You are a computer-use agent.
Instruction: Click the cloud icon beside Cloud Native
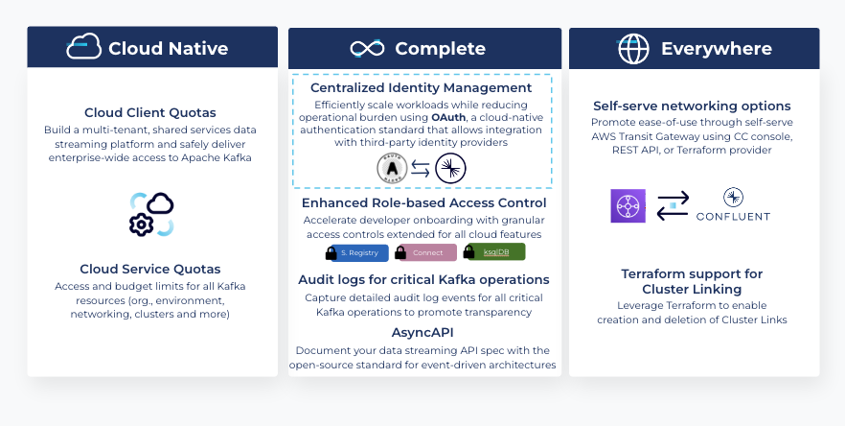83,47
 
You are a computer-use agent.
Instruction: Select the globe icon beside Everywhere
633,48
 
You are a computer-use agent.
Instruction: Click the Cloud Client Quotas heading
149,112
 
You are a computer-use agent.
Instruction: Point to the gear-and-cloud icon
151,213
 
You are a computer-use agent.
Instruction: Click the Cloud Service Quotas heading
150,269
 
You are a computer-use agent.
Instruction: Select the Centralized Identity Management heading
422,87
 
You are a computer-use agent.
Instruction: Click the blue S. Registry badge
357,252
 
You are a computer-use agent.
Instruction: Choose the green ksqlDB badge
495,251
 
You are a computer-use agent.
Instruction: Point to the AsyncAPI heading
422,331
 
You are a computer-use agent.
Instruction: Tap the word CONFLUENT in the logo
733,217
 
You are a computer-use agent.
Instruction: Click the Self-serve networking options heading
692,106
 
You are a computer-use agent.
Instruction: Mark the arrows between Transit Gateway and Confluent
673,205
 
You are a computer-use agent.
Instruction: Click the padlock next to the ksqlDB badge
469,252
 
